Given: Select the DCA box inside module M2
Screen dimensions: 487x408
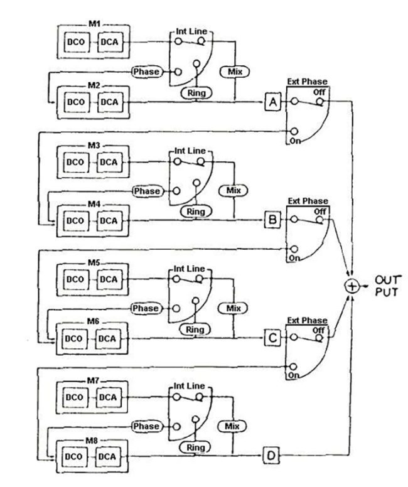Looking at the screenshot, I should tap(109, 102).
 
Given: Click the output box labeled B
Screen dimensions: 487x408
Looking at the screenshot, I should tap(272, 220).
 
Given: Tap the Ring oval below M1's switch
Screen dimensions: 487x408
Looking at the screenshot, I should tap(195, 92).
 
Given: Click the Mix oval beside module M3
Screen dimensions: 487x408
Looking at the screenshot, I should tap(234, 190).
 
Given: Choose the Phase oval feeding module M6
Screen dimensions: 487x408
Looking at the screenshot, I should tap(146, 308).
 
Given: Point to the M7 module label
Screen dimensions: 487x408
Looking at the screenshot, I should tap(94, 381).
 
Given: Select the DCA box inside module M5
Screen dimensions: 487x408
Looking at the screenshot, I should tap(109, 279).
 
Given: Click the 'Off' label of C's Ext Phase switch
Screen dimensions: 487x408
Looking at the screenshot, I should tap(319, 329).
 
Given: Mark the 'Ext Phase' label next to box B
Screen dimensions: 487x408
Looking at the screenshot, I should tap(304, 201).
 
